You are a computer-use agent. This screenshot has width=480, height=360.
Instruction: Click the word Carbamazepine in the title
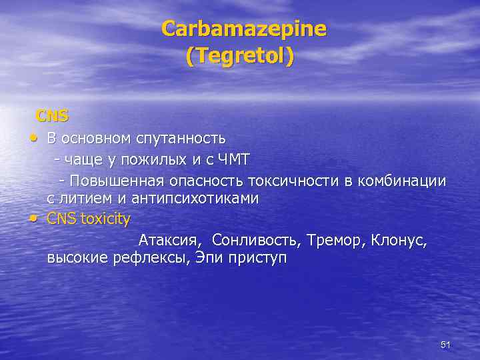click(244, 29)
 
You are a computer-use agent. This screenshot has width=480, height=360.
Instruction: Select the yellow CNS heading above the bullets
click(52, 116)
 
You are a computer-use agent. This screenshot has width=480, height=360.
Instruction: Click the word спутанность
click(181, 139)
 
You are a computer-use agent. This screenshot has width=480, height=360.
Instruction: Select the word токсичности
click(294, 181)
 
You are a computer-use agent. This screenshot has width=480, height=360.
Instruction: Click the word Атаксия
click(171, 240)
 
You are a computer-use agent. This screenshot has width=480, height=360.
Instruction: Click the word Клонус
click(399, 240)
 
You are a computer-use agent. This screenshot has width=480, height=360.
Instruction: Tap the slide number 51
click(446, 345)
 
